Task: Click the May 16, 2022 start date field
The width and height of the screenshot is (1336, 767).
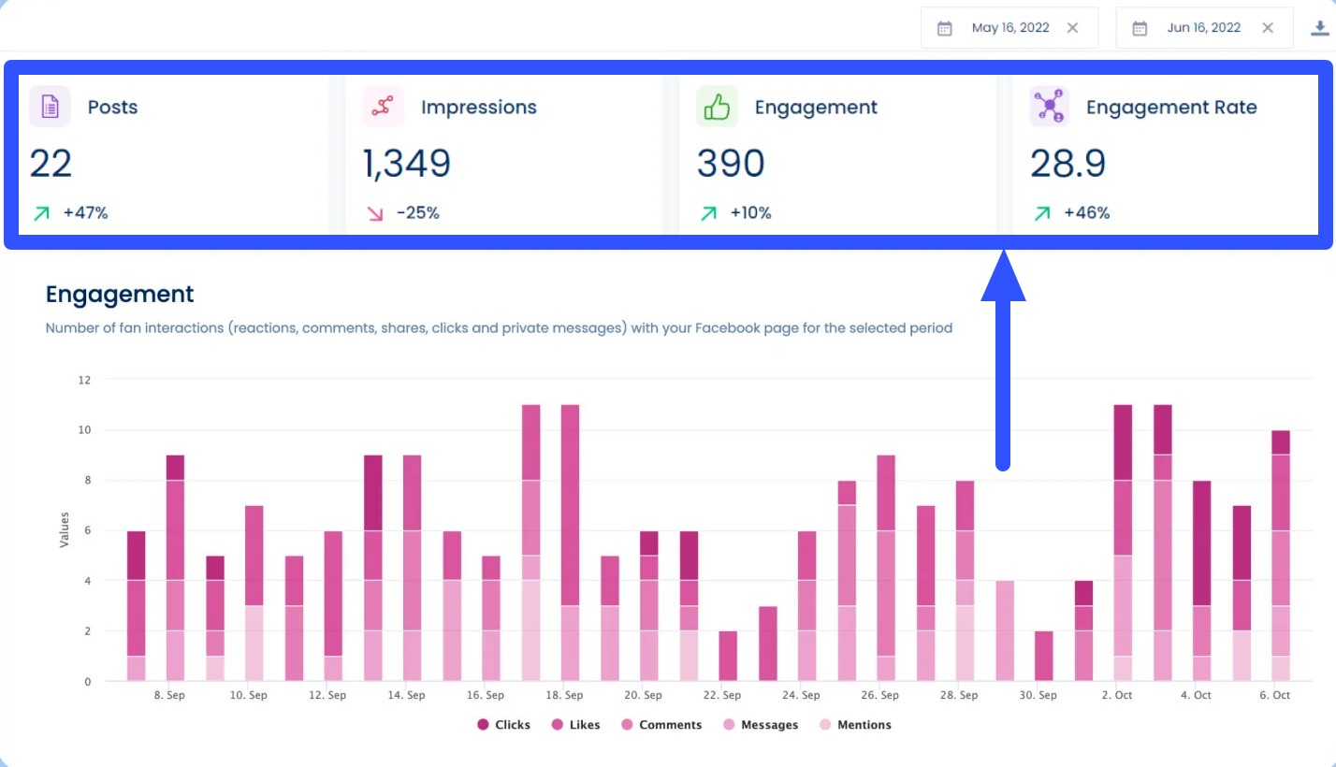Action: [1009, 28]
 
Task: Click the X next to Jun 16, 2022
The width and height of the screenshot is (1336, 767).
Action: [1267, 28]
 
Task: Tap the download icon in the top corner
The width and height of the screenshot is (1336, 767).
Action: [1320, 28]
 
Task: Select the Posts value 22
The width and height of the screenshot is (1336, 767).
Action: [51, 164]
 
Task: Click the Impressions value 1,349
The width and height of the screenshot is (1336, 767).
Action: [407, 164]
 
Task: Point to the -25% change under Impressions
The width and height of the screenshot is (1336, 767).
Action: [417, 213]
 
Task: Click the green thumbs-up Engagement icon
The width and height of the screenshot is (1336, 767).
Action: [717, 107]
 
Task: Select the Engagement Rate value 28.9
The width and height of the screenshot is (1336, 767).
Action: [1067, 164]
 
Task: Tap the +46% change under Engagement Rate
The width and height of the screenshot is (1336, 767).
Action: [1086, 213]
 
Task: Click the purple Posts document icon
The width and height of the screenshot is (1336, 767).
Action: [50, 107]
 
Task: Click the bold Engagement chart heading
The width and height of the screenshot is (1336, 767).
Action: [120, 295]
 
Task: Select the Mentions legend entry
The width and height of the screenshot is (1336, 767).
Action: [855, 725]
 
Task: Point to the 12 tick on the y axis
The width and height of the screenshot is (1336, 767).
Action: [84, 380]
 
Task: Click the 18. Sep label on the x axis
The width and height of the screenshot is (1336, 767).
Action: [564, 695]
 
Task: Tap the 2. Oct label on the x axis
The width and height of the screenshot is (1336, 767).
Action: [1117, 695]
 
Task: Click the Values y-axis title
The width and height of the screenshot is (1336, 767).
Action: [65, 529]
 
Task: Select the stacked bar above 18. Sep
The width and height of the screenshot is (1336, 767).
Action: [571, 543]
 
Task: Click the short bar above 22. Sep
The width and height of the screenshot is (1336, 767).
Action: [728, 656]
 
